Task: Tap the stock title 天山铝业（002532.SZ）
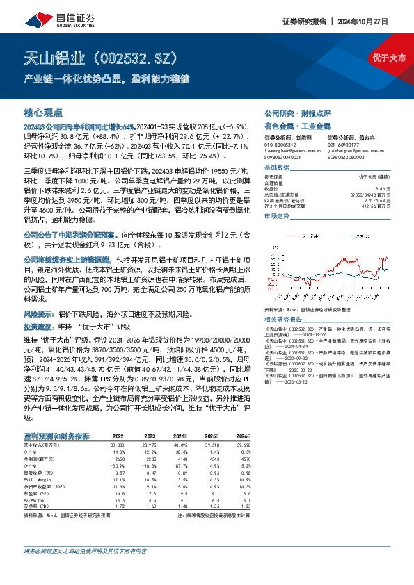[x=96, y=56]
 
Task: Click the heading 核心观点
[x=43, y=112]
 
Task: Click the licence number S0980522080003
[x=347, y=158]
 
